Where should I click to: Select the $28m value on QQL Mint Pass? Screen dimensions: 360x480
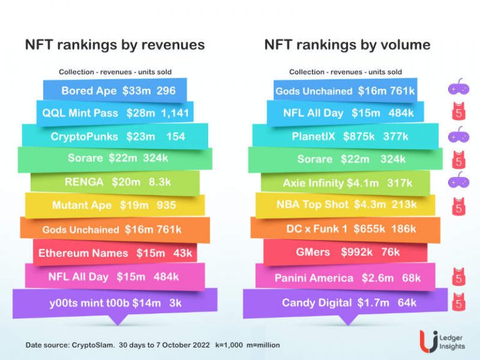[141, 113]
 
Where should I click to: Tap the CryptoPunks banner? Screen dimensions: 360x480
[115, 136]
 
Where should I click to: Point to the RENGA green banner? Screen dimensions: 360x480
[115, 182]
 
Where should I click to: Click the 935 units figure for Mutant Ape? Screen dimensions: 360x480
[166, 205]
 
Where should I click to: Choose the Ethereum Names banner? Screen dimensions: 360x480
[115, 253]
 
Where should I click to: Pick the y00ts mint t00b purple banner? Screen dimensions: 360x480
[115, 303]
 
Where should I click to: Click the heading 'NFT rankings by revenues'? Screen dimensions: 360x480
[114, 45]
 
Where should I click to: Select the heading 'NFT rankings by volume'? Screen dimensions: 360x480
[347, 45]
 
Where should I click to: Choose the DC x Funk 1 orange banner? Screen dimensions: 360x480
[346, 229]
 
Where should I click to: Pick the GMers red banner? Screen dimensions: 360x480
[346, 253]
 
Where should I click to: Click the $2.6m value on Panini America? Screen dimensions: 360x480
[378, 278]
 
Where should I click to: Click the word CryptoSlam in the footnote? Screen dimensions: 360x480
[94, 345]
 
